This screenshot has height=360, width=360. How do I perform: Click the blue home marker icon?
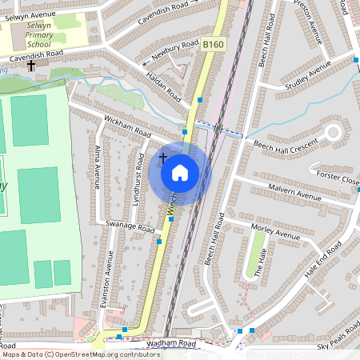[180, 172]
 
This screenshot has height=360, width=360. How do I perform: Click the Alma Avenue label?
[98, 167]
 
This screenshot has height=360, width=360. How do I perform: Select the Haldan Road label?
[165, 85]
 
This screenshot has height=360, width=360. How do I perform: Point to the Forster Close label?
[338, 178]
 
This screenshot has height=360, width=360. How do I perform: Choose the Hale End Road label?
[322, 268]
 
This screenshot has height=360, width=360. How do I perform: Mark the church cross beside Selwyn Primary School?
[31, 64]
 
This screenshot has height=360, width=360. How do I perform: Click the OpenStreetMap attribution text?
[81, 354]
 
